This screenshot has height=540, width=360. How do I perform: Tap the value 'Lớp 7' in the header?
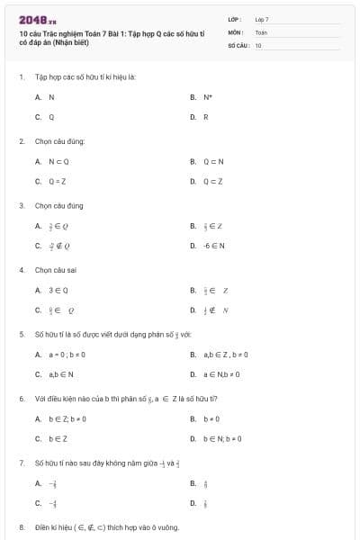pyautogui.click(x=262, y=18)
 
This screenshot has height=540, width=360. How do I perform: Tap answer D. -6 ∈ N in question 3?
pyautogui.click(x=212, y=245)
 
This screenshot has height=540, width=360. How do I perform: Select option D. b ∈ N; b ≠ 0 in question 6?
pyautogui.click(x=221, y=439)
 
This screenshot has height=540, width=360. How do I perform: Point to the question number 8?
pyautogui.click(x=21, y=526)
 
